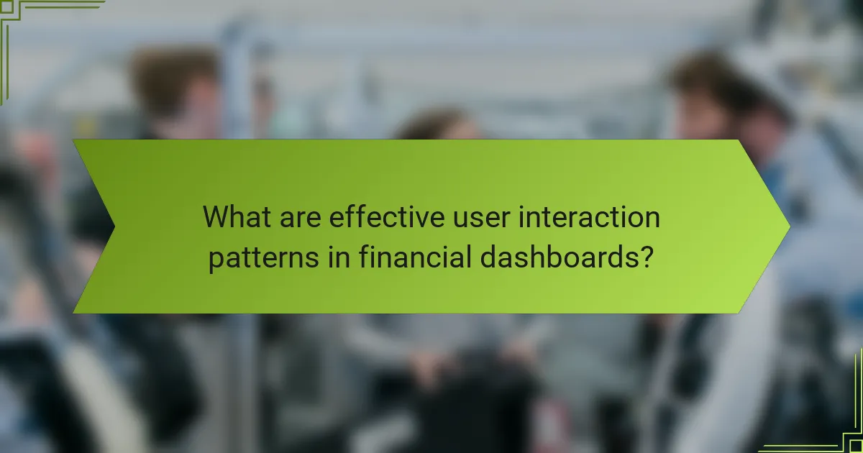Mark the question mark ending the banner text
(647, 257)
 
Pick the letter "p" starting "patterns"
(216, 260)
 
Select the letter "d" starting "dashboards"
(488, 257)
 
